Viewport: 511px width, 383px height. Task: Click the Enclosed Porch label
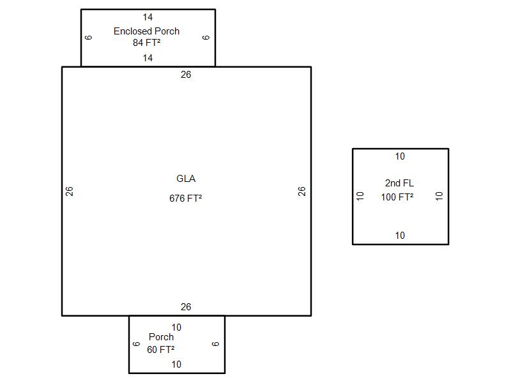click(146, 31)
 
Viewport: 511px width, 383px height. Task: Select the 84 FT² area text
click(146, 43)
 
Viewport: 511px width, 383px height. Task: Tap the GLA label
click(186, 179)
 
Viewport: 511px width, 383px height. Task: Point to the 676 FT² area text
click(186, 199)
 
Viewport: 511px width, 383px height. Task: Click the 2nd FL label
click(399, 183)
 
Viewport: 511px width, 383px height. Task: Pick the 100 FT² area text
click(397, 197)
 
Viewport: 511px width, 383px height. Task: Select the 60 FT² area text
click(161, 350)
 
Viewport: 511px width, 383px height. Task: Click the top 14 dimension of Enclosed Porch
click(148, 17)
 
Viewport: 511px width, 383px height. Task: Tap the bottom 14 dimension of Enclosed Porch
click(148, 58)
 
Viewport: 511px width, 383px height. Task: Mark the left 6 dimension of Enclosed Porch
click(89, 37)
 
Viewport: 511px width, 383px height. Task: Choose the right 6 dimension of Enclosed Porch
click(206, 37)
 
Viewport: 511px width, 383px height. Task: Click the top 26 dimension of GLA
click(186, 75)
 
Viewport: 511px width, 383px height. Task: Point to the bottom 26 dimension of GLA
click(186, 307)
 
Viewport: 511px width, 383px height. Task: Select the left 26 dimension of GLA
click(70, 191)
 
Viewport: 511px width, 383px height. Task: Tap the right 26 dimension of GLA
click(302, 191)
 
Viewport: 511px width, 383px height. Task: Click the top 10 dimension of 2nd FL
click(400, 156)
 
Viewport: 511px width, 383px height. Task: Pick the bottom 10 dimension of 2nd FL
click(400, 236)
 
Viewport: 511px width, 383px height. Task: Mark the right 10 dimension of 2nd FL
click(439, 196)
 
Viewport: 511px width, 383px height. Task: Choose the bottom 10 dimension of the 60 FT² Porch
click(176, 364)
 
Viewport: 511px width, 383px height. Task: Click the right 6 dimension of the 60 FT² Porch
click(216, 343)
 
